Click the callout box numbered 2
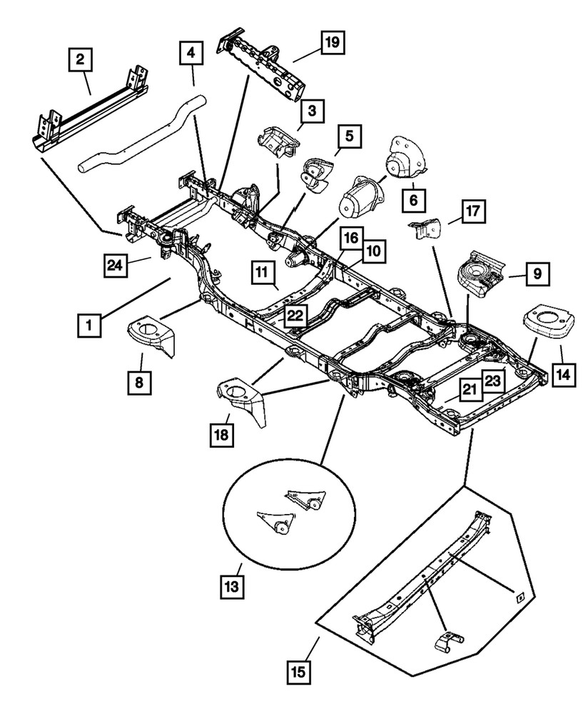point(81,59)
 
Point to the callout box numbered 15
point(300,670)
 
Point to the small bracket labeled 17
point(426,228)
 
